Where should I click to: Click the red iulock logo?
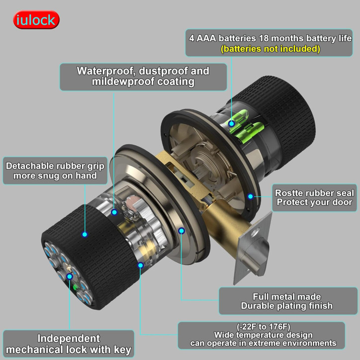[x=36, y=20]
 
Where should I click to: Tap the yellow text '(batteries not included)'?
[x=270, y=49]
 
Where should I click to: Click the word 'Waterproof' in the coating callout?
[x=105, y=71]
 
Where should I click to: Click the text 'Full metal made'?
[x=287, y=297]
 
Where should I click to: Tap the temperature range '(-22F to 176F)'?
[x=264, y=326]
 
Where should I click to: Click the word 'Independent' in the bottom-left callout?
[x=69, y=339]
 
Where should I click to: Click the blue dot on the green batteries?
[x=231, y=123]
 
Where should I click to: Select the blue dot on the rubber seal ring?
[x=250, y=196]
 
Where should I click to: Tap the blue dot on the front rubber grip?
[x=85, y=234]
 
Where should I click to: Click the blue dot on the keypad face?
[x=70, y=276]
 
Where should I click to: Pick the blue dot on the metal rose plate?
[x=181, y=231]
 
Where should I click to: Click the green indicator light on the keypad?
[x=75, y=287]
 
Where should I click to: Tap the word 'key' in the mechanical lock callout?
[x=122, y=350]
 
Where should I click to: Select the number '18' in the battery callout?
[x=264, y=38]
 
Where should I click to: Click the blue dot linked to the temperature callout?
[x=141, y=266]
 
